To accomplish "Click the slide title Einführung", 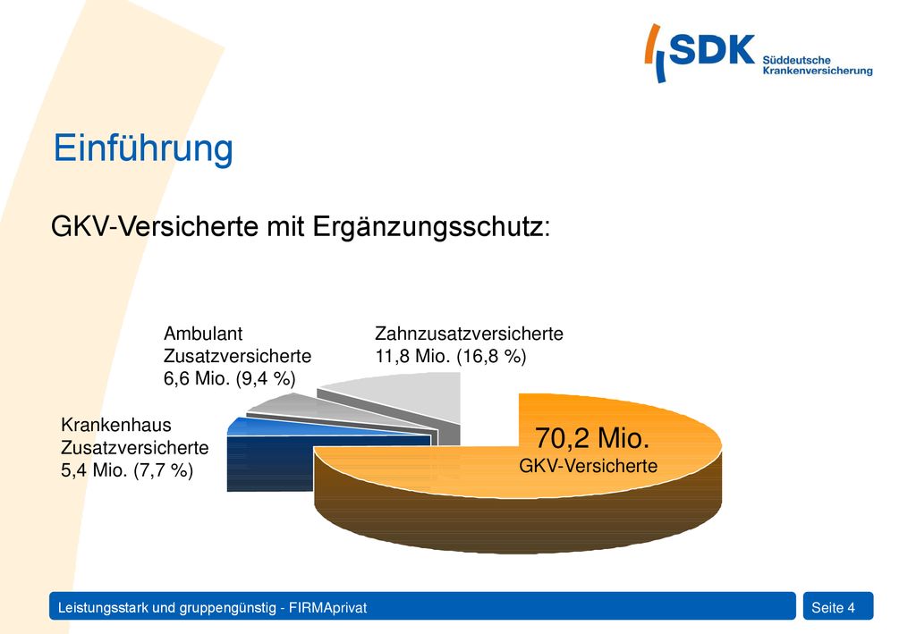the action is [143, 148].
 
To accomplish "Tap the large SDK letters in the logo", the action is [711, 49].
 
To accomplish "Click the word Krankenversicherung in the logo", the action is [818, 71].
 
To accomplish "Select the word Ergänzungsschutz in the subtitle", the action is [428, 226].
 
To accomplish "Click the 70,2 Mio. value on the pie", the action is [592, 438].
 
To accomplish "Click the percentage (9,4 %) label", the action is [266, 379].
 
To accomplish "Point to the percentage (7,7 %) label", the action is [163, 470].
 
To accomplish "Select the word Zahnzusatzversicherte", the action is [469, 334].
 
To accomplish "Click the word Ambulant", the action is [203, 334].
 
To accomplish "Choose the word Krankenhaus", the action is [116, 425].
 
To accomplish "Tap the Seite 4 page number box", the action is [838, 606].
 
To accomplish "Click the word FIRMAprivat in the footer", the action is [327, 608].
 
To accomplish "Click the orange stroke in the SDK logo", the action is [652, 44].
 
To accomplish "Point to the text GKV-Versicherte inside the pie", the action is [589, 466].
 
